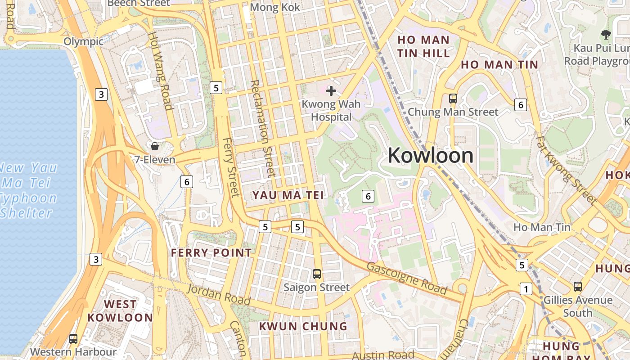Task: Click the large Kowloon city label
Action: point(430,156)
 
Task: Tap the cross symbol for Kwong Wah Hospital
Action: point(331,91)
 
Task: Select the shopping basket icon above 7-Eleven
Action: point(155,146)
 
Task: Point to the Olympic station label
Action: point(83,41)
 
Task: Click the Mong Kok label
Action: point(274,7)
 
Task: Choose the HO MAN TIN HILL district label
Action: point(423,46)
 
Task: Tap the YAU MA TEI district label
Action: point(288,195)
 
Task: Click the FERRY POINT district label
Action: point(211,253)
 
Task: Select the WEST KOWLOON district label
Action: point(120,311)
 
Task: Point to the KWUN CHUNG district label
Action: point(303,326)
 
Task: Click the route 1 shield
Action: point(526,289)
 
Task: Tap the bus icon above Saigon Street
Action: point(317,274)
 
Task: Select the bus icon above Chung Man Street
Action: point(453,98)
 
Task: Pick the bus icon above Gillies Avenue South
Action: point(578,286)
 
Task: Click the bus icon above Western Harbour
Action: point(73,338)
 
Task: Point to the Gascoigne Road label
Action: point(407,278)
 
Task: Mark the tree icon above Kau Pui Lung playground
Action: point(606,34)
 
